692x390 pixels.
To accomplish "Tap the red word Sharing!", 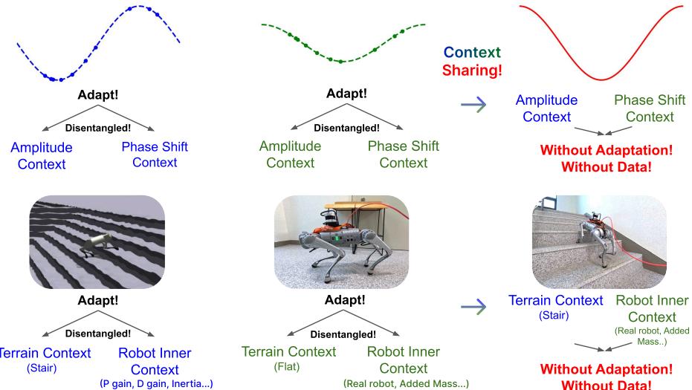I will point(471,71).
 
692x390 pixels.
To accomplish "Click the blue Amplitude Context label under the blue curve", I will point(42,155).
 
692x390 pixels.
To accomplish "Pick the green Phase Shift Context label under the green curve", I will point(403,155).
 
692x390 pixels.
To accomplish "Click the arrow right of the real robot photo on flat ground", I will point(474,305).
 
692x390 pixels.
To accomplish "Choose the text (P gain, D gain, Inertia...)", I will point(158,384).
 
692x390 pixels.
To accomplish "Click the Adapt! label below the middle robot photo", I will point(346,301).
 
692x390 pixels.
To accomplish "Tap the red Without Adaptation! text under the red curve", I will point(607,150).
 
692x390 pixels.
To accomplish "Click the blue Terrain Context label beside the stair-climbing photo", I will point(555,300).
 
